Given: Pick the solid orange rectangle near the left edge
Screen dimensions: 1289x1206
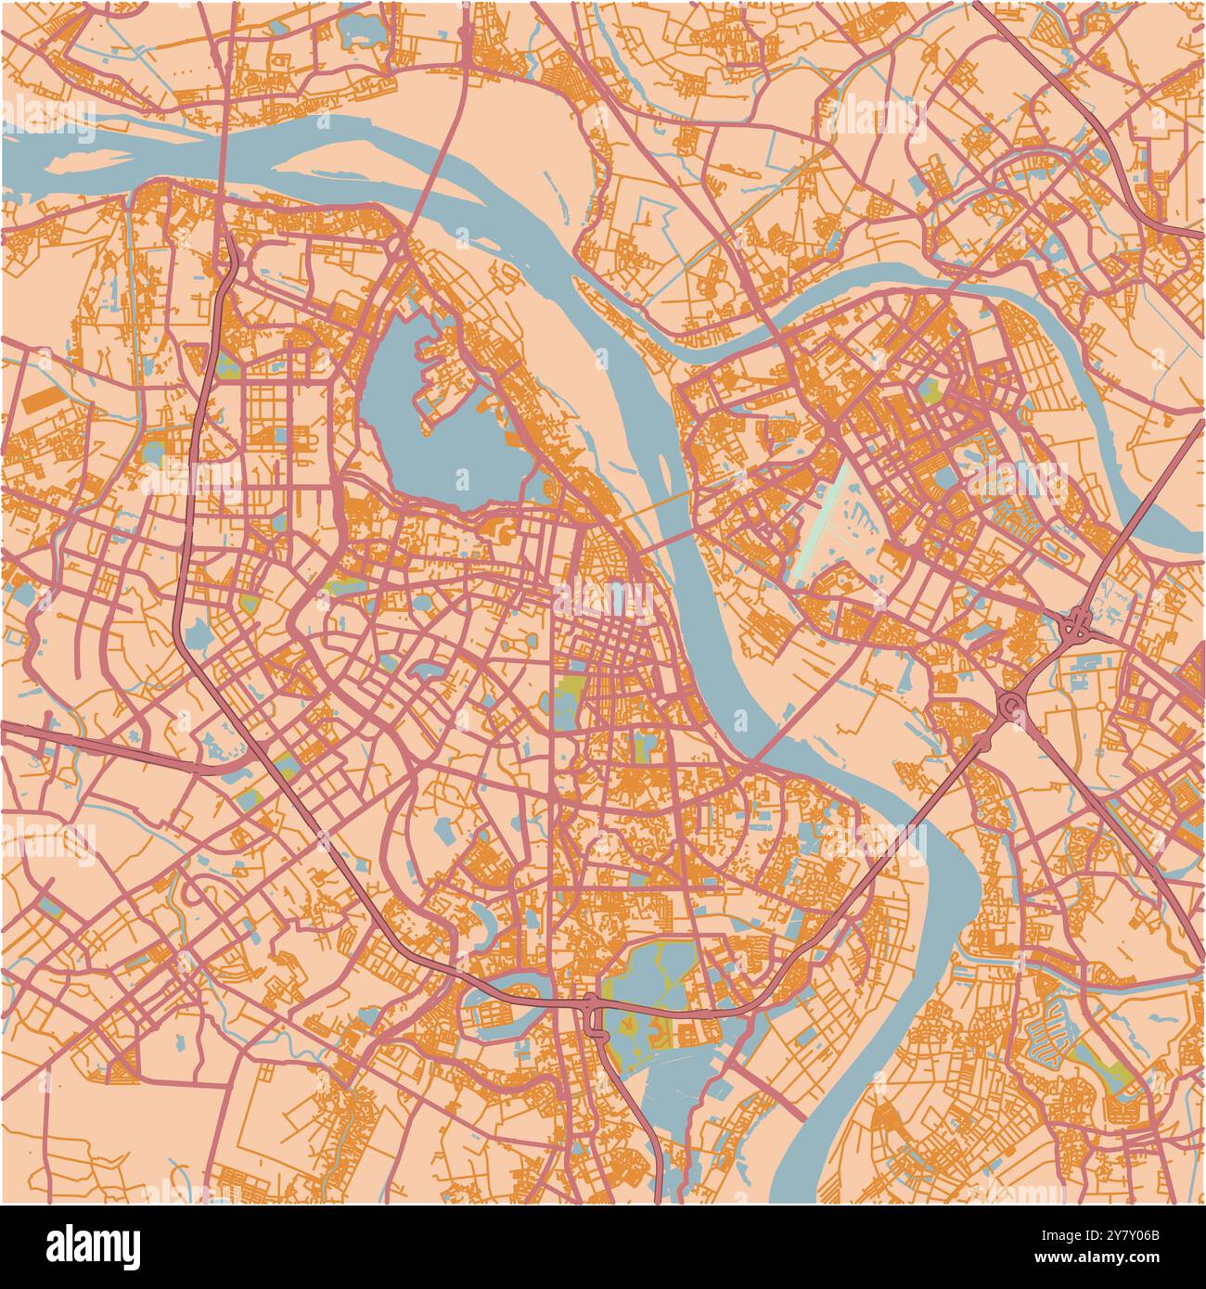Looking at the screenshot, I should tap(39, 401).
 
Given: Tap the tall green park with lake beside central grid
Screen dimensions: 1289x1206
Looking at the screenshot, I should tap(565, 705).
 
